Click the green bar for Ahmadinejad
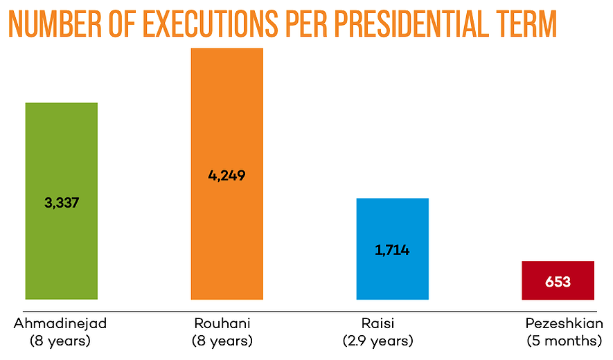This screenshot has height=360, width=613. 61,152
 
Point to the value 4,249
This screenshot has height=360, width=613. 226,175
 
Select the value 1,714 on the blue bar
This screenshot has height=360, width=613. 392,250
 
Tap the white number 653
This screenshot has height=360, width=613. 558,282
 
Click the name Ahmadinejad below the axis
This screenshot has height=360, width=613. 60,324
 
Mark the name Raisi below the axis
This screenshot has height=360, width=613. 377,324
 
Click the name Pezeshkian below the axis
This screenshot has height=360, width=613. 564,324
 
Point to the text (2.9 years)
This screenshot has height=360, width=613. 377,341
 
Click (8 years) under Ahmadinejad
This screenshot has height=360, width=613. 60,341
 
